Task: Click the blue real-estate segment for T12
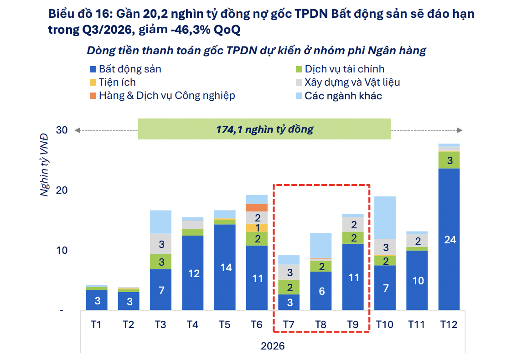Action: (449, 239)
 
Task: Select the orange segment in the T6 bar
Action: (257, 207)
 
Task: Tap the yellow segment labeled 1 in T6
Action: (257, 228)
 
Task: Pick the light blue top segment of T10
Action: (385, 217)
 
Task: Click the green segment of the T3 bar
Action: (160, 262)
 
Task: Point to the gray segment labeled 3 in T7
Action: (289, 273)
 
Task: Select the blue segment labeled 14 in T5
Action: (225, 267)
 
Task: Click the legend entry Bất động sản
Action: (126, 69)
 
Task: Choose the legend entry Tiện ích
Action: (113, 82)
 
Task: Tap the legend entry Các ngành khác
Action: (339, 96)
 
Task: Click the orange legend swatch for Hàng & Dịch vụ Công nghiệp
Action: (93, 96)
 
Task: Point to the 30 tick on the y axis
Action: (62, 130)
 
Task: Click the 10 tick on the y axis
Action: (62, 250)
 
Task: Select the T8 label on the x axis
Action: (321, 325)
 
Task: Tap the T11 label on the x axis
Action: (417, 325)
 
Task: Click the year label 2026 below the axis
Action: (273, 346)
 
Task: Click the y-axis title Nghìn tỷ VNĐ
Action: (44, 165)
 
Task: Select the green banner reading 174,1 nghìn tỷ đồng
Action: (264, 129)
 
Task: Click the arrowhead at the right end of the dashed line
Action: (460, 130)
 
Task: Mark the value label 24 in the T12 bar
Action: (450, 240)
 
